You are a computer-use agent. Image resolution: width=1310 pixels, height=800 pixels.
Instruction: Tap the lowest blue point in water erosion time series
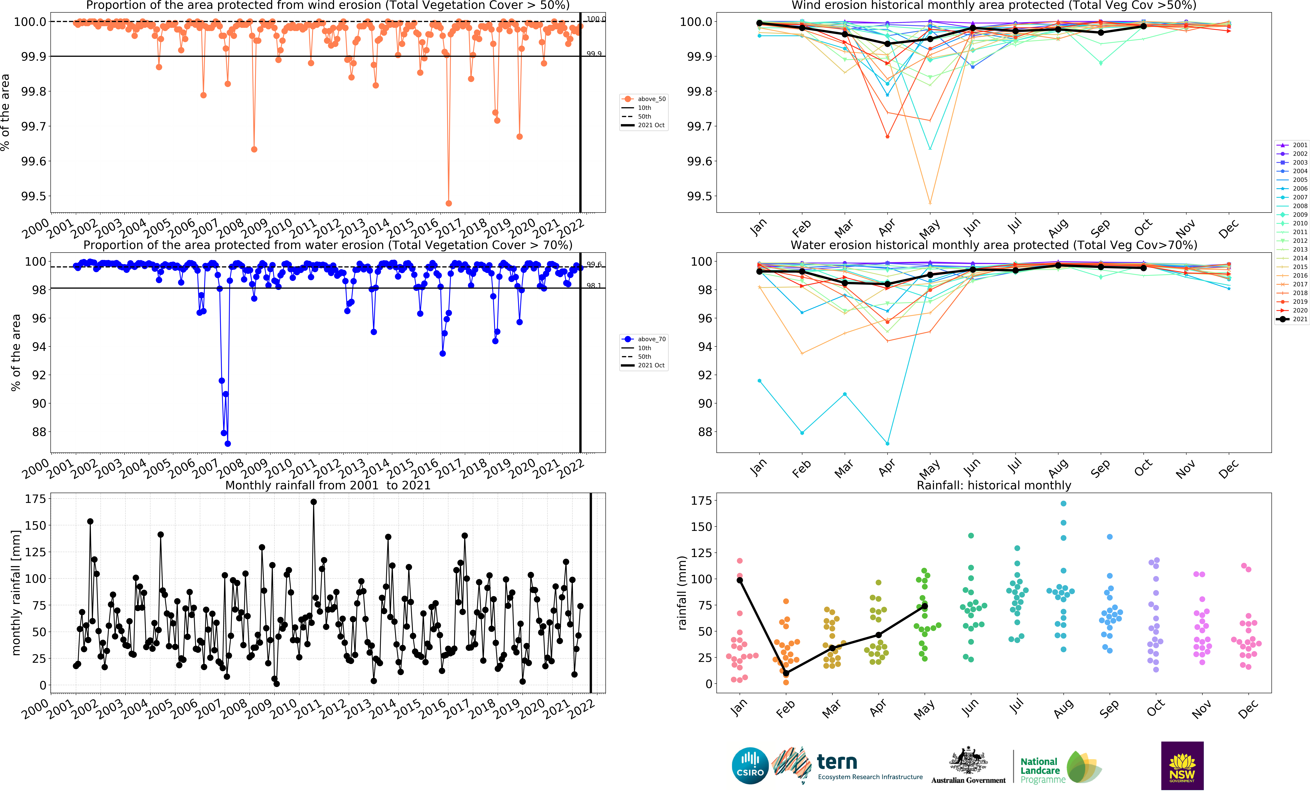[228, 443]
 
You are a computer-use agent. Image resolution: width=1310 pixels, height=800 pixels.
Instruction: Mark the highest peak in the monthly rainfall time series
[314, 502]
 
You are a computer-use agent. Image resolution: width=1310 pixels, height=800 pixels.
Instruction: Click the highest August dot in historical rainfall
[1063, 504]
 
